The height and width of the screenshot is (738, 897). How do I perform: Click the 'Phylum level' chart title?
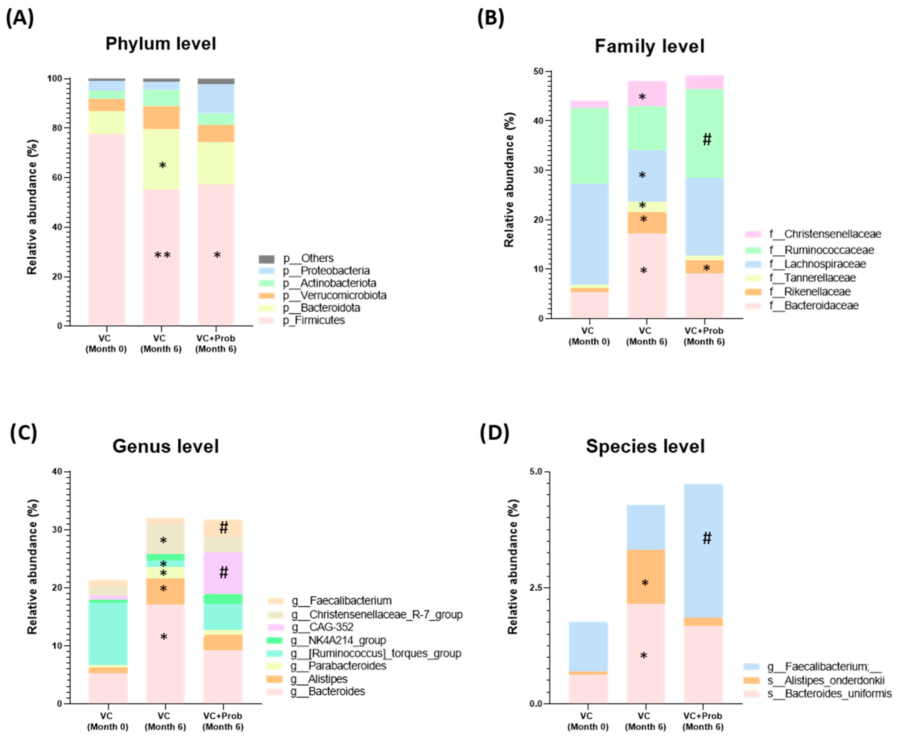(161, 44)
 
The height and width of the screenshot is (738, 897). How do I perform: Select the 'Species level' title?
(645, 446)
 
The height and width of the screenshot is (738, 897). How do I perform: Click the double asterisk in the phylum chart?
(162, 256)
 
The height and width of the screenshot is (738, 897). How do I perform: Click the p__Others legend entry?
(308, 259)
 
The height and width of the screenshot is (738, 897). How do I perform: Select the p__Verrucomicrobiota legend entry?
(334, 296)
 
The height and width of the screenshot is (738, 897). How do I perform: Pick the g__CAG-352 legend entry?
(331, 627)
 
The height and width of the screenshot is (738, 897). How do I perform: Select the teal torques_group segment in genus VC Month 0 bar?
(108, 634)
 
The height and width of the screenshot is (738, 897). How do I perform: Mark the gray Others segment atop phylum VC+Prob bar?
(216, 81)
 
